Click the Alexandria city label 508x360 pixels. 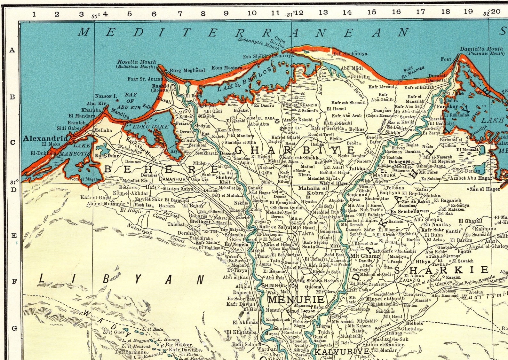click(x=45, y=138)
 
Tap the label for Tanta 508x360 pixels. click(x=306, y=234)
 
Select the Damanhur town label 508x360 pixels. click(x=172, y=179)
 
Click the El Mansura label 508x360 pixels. click(x=383, y=173)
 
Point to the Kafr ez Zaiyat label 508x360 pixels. click(x=275, y=227)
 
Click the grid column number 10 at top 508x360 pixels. click(x=252, y=13)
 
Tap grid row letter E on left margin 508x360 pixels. click(x=14, y=236)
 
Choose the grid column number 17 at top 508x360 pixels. click(x=420, y=12)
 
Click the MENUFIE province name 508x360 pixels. click(x=296, y=300)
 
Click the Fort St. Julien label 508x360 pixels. click(x=145, y=79)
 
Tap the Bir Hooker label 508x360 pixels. click(x=179, y=345)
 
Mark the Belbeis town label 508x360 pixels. click(x=414, y=323)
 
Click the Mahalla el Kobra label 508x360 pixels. click(x=313, y=191)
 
